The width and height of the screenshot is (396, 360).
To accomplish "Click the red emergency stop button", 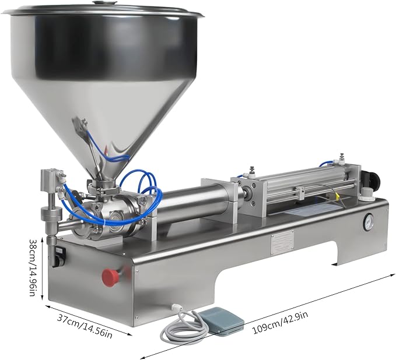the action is pos(110,278).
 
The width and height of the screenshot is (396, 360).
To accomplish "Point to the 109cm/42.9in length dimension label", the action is pos(281,323).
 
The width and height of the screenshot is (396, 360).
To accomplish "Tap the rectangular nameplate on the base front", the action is pos(283,243).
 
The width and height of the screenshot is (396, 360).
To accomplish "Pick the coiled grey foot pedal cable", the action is pos(182,326).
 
